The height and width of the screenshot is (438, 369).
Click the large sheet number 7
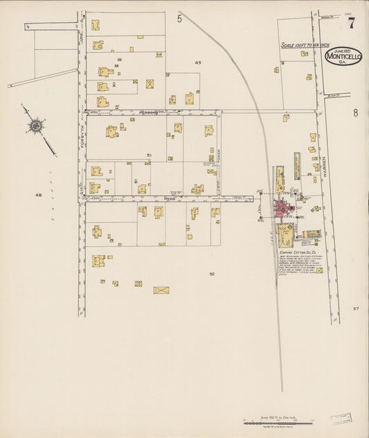[352, 24]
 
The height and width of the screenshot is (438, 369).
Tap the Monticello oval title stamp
[343, 56]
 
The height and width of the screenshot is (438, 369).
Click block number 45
[198, 63]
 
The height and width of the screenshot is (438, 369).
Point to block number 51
[149, 155]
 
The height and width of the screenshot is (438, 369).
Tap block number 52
[212, 274]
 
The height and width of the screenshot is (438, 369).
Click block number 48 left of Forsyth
[39, 195]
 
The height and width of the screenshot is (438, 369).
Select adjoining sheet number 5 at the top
[179, 19]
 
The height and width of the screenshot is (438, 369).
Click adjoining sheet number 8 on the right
[356, 113]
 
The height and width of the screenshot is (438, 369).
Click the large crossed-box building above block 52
[161, 289]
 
